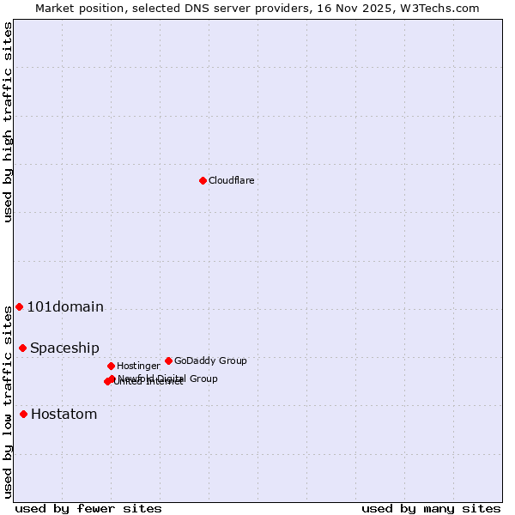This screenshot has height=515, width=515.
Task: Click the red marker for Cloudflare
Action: [x=203, y=180]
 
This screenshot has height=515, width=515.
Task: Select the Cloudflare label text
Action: [x=231, y=180]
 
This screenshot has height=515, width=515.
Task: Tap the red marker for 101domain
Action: [x=19, y=306]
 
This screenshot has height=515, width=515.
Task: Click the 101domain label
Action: [x=65, y=306]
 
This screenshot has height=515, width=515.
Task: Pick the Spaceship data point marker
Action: [x=22, y=348]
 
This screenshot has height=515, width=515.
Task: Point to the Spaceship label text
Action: [x=64, y=348]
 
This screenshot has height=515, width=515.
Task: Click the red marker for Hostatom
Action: [x=23, y=414]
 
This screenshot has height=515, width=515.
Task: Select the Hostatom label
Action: [x=64, y=414]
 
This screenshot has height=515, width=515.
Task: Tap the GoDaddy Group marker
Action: [x=168, y=360]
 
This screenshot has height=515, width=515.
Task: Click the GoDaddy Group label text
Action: [x=210, y=360]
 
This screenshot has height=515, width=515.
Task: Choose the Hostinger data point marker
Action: [x=111, y=366]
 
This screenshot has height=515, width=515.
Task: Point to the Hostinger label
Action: [x=138, y=366]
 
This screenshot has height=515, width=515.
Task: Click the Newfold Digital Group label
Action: [x=168, y=378]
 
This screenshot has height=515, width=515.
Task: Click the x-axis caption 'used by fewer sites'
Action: [x=88, y=508]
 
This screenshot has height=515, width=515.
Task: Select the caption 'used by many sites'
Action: [x=431, y=508]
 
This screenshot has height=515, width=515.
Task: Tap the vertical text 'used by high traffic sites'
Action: [x=8, y=122]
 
